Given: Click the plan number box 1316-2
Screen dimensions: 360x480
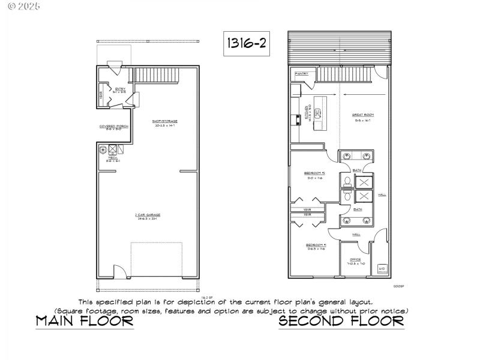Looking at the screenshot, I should (x=245, y=44).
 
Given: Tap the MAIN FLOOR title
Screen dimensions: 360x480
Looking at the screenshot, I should (x=84, y=322).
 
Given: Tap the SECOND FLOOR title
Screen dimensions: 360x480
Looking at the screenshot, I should (x=341, y=322).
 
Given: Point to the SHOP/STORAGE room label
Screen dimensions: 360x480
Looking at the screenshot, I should (x=165, y=122).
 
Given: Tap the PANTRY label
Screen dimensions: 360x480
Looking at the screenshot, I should (x=301, y=74).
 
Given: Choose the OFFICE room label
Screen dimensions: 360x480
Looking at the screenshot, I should (x=355, y=261).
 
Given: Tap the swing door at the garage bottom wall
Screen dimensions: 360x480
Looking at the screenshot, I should (x=121, y=271).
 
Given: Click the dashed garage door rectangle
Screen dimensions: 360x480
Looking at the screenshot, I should (x=156, y=259).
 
